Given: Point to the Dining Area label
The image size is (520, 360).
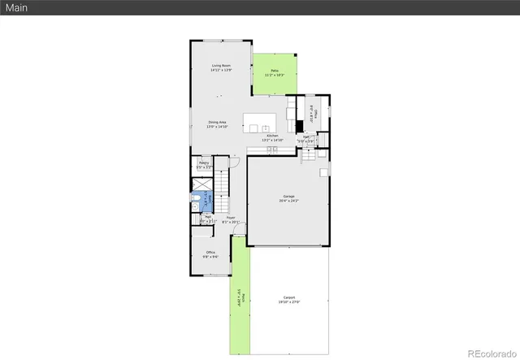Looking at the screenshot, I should coord(216,122).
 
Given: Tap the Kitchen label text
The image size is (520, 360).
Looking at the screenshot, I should coord(272,136).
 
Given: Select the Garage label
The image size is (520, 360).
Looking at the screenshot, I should coord(288,196).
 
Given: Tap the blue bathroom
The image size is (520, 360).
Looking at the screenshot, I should coord(206,197).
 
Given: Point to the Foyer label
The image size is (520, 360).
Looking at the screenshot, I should coord(231,217).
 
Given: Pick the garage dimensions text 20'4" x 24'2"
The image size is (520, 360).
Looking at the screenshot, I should coord(288,200).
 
